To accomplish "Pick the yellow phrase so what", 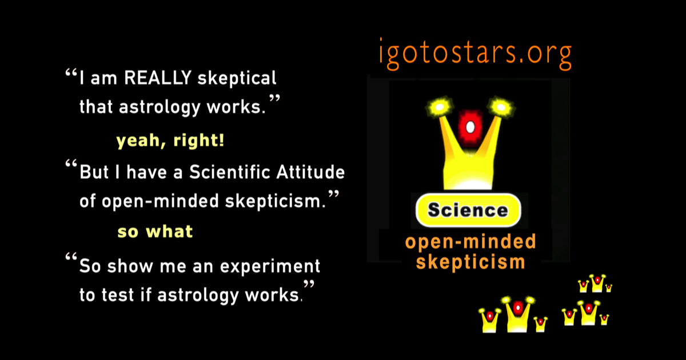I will [x=155, y=232].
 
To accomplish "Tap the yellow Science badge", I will [x=468, y=210].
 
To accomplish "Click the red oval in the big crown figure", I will [x=470, y=125].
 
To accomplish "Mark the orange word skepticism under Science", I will [x=470, y=262].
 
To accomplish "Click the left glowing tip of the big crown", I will [x=438, y=106].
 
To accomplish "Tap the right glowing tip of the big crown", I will [x=501, y=106].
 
